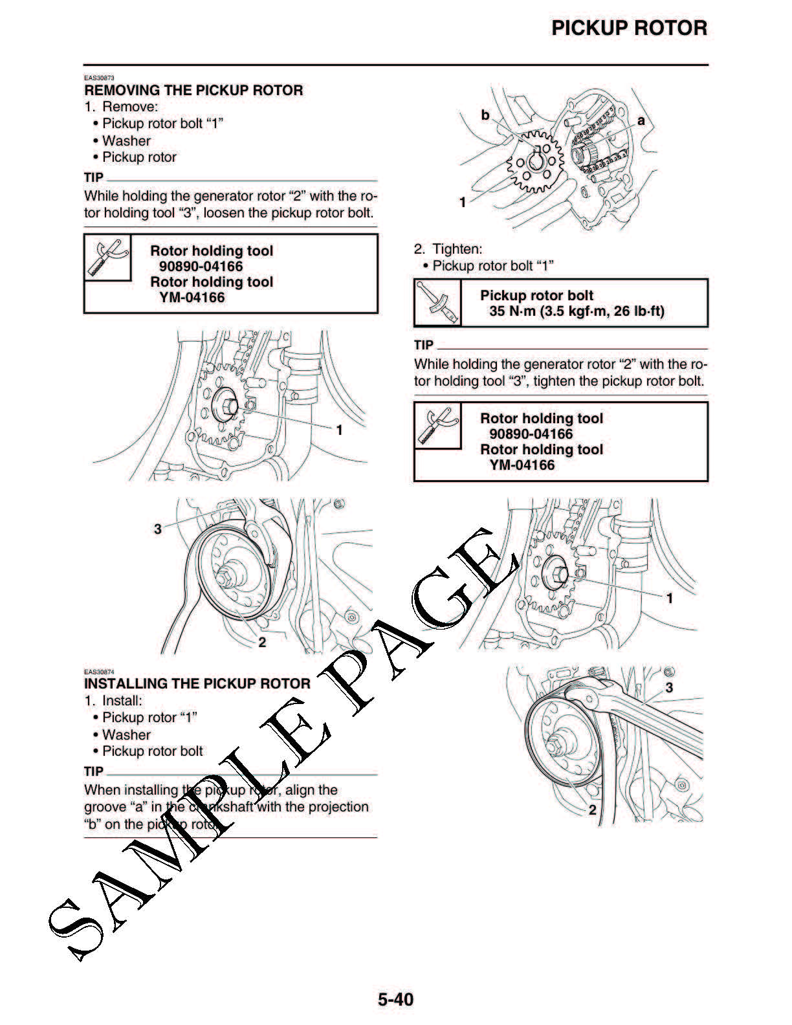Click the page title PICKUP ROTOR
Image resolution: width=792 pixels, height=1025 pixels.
tap(629, 28)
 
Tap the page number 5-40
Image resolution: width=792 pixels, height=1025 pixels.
tap(395, 999)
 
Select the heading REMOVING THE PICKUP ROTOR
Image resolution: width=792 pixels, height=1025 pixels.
tap(193, 91)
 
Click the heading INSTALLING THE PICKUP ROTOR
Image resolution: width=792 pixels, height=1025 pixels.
tap(197, 684)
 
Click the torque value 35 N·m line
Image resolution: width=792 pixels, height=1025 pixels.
tap(576, 311)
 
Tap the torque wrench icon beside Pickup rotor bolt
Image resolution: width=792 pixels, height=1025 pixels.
tap(436, 303)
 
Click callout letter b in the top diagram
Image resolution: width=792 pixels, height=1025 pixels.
tap(485, 115)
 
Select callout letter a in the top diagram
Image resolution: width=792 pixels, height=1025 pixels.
tap(641, 120)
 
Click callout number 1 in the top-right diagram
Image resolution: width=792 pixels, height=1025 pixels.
tap(463, 203)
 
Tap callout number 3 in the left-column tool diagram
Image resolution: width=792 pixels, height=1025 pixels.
tap(157, 529)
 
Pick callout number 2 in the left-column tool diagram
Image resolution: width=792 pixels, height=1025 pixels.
tap(262, 642)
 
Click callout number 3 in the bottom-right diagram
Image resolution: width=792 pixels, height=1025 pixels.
tap(669, 687)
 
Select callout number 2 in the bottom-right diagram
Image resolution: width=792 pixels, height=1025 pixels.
tap(592, 810)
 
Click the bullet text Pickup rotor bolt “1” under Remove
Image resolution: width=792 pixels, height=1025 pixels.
tap(162, 124)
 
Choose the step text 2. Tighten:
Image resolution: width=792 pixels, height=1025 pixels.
tap(448, 249)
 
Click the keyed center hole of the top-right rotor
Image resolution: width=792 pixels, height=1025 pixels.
tap(536, 159)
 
